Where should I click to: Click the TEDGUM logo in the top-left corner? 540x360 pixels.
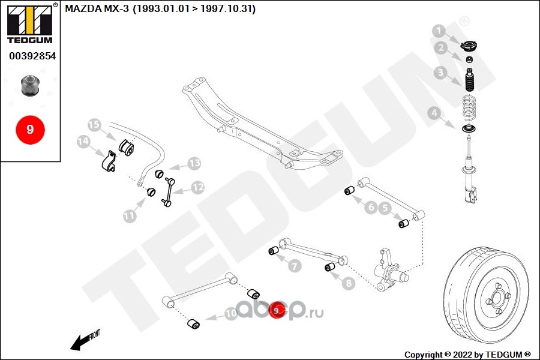click(x=30, y=23)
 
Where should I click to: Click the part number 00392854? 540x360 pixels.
click(x=32, y=56)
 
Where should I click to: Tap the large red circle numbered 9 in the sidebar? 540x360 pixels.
click(x=31, y=130)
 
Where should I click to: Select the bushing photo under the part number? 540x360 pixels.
click(x=31, y=85)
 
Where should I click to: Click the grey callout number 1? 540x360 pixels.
click(x=439, y=31)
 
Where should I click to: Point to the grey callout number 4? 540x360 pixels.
click(x=434, y=113)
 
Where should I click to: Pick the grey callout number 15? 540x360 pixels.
click(x=94, y=124)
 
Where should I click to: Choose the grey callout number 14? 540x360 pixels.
click(x=83, y=141)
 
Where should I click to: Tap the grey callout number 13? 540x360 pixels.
click(x=194, y=163)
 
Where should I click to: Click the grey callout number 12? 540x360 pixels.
click(x=197, y=188)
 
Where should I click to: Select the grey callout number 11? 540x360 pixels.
click(x=130, y=217)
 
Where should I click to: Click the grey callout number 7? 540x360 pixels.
click(x=295, y=266)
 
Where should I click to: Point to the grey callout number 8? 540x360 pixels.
click(x=349, y=283)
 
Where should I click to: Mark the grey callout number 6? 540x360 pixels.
click(x=371, y=208)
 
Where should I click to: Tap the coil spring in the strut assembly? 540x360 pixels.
click(x=469, y=107)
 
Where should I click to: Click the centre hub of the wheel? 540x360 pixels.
click(x=497, y=298)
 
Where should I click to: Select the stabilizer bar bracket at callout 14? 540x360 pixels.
click(x=109, y=161)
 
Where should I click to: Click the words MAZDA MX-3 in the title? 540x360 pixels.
click(x=97, y=8)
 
